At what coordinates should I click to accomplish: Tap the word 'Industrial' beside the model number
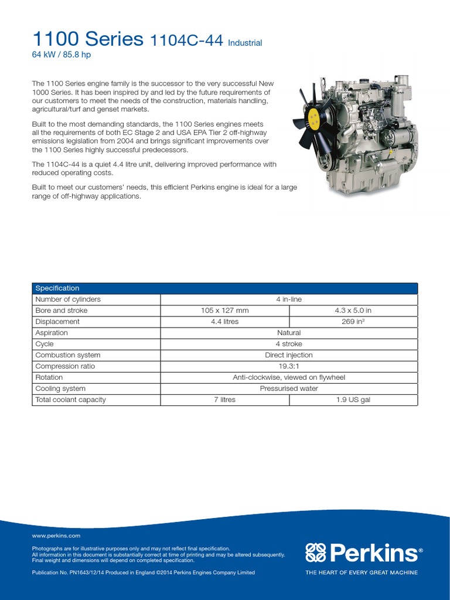pos(244,43)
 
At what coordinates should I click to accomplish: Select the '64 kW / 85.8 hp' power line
pos(61,55)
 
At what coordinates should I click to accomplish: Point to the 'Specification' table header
pos(57,288)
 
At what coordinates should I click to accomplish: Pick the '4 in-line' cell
pos(289,299)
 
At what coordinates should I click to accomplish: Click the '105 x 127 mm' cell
pos(224,311)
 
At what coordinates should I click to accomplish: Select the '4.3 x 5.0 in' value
pos(353,311)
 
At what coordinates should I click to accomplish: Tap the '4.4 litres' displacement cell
pos(224,322)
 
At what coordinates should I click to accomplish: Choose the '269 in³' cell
pos(353,322)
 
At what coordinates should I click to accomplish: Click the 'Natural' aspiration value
pos(289,333)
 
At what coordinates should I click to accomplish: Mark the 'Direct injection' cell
pos(289,355)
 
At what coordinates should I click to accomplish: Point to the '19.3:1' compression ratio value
pos(289,366)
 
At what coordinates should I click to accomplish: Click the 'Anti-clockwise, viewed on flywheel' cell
pos(289,377)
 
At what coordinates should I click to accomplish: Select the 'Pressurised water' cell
pos(289,388)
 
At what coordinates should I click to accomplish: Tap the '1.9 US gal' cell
pos(353,400)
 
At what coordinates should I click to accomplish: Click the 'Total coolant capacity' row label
pos(70,400)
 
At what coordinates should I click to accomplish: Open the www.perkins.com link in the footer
pos(56,536)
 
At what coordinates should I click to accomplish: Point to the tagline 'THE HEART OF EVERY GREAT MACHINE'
pos(362,572)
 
